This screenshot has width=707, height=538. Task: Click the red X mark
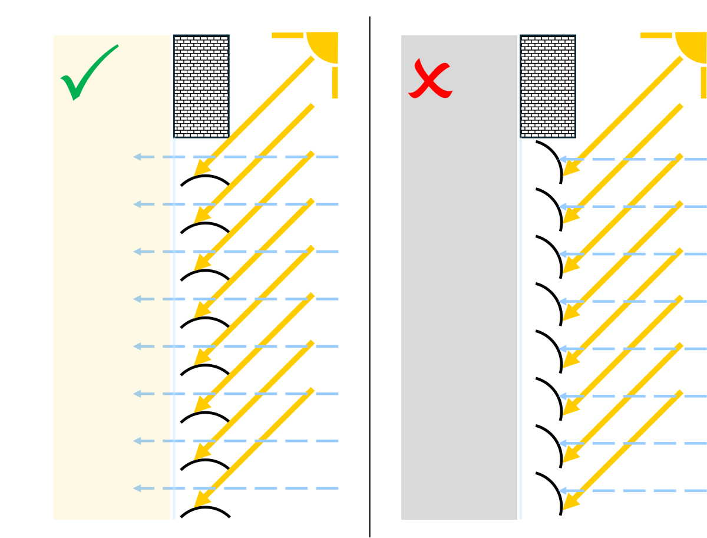(x=430, y=80)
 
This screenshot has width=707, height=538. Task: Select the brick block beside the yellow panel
(x=201, y=86)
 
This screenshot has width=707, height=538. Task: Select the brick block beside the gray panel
(x=547, y=86)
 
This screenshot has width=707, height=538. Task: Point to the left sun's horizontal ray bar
(x=288, y=35)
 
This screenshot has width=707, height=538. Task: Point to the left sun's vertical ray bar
(x=335, y=82)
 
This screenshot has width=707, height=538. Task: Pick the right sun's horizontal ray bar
(x=656, y=35)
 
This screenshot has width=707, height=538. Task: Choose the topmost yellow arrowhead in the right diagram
(x=569, y=170)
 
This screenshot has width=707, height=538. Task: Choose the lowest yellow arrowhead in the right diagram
(x=569, y=503)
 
